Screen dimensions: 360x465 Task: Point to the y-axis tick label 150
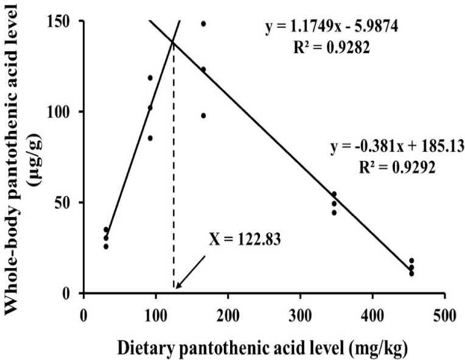62,21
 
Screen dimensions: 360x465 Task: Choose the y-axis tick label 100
62,111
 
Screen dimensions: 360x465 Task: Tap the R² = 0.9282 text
332,46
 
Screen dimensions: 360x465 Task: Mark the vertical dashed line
174,183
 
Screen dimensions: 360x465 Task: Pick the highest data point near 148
203,24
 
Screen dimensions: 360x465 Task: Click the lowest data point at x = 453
411,274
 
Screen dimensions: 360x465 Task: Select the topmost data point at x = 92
150,77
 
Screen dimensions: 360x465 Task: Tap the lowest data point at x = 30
105,247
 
